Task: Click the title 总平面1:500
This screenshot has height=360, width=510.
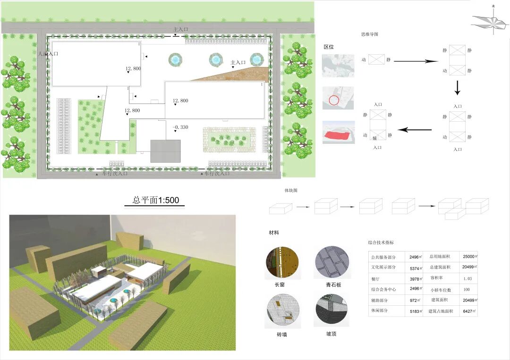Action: [x=155, y=200]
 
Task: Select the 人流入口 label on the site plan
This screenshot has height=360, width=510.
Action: [x=48, y=54]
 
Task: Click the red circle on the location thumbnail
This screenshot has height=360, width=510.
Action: [x=334, y=100]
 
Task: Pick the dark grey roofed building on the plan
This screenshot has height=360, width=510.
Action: [x=165, y=151]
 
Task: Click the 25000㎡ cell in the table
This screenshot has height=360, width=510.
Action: [x=470, y=257]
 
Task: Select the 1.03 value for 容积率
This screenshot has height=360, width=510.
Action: [x=467, y=278]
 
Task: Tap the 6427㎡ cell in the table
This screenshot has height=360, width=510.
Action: [x=470, y=311]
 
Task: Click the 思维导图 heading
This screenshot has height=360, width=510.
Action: [x=369, y=34]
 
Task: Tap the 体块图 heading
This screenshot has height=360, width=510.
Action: [x=291, y=191]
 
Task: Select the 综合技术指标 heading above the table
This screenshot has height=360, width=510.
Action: [x=381, y=243]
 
